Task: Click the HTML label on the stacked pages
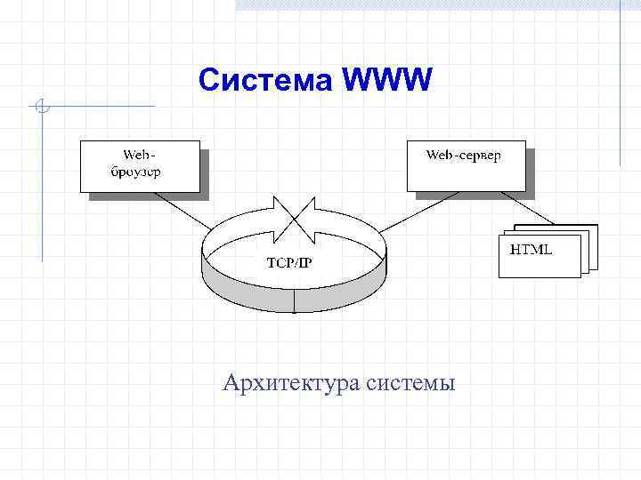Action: [x=531, y=250]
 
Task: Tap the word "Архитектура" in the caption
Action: [x=288, y=383]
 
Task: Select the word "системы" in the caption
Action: [x=410, y=384]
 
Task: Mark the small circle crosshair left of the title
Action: [x=41, y=108]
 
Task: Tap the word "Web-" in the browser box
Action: [x=130, y=156]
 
